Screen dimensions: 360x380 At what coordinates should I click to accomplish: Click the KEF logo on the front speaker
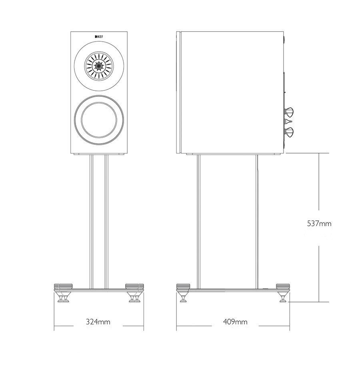click(98, 36)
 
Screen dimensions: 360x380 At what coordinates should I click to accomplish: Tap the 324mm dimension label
click(98, 322)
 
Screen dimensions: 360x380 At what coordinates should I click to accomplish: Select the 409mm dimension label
click(235, 322)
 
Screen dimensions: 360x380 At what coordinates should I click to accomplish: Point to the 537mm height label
click(319, 223)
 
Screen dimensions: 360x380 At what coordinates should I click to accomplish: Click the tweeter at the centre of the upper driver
click(99, 66)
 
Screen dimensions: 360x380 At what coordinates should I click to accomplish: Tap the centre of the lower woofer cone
click(99, 120)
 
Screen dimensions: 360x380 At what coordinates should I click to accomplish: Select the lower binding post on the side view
click(289, 132)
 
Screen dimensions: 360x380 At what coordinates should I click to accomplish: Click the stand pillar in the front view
click(99, 222)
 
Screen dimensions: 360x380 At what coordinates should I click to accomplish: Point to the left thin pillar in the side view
click(198, 222)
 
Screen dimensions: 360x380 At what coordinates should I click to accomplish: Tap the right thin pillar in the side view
click(257, 222)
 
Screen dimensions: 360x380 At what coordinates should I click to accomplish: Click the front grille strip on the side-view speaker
click(178, 92)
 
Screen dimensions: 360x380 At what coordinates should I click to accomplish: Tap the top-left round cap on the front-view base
click(63, 286)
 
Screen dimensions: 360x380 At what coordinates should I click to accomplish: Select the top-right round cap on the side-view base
click(283, 286)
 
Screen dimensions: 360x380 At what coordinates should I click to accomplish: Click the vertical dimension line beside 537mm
click(319, 228)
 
